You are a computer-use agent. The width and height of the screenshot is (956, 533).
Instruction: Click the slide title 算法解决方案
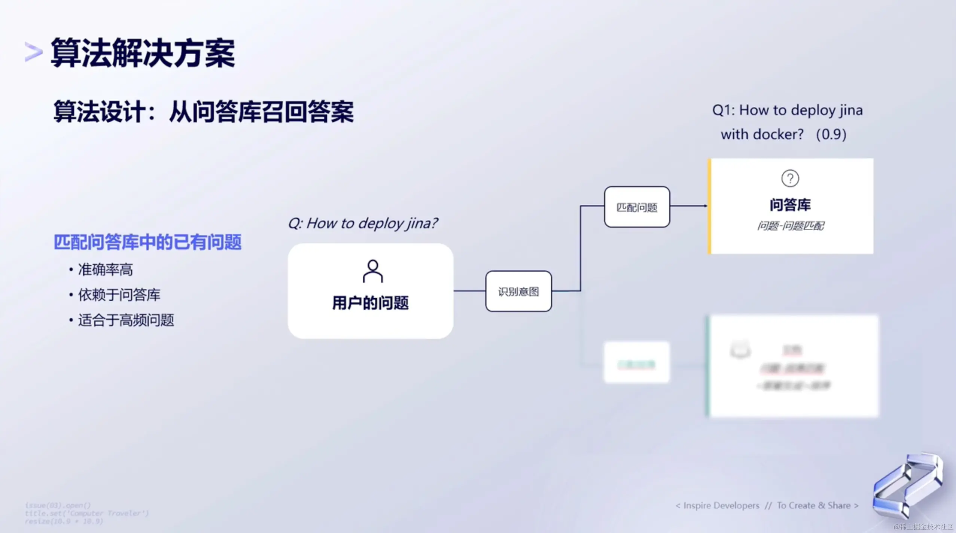coord(143,53)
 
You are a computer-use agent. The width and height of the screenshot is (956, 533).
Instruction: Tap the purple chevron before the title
coord(33,52)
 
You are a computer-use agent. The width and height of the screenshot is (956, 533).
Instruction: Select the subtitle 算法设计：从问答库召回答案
coord(203,112)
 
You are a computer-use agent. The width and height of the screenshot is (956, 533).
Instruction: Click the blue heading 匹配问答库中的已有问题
coord(147,242)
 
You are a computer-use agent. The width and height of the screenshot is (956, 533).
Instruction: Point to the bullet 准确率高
coord(105,269)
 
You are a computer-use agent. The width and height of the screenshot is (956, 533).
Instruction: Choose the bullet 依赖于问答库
coord(119,295)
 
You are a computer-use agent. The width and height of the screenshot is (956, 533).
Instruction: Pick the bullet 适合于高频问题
coord(126,320)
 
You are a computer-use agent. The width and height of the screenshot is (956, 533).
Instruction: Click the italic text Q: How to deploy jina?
coord(362,223)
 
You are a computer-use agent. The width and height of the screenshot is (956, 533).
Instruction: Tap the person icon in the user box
coord(373,271)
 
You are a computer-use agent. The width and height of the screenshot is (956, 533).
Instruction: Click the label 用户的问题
coord(370,303)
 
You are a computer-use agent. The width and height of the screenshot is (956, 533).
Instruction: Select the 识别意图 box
coord(518,291)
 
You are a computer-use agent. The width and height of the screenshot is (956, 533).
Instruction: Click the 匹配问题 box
coord(637,207)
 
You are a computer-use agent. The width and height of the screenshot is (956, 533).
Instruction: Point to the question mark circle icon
coord(790,179)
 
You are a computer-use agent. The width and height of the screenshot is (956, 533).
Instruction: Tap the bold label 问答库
coord(790,205)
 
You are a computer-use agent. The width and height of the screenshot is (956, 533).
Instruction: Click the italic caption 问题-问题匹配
coord(790,226)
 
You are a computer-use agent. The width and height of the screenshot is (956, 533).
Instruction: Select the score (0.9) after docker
coord(831,134)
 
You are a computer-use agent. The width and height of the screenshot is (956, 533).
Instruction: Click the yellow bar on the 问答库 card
coord(709,206)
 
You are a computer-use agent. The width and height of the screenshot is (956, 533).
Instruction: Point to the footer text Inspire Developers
coord(721,506)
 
